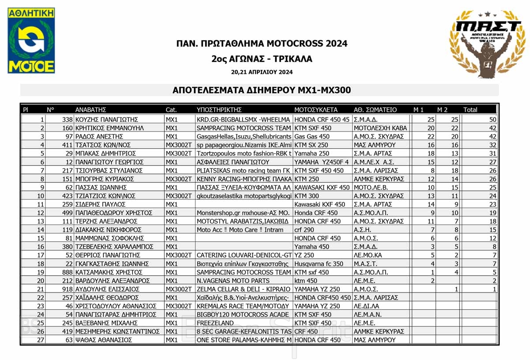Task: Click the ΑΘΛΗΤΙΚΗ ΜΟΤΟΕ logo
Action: [31, 40]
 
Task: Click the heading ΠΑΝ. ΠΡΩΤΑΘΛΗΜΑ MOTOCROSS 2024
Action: [261, 44]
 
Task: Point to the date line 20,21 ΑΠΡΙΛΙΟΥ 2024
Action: [261, 72]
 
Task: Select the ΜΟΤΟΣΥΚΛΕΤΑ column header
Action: [316, 110]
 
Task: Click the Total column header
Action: [470, 110]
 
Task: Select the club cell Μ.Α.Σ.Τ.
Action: [365, 264]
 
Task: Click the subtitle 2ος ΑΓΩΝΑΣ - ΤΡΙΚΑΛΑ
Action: [261, 59]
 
